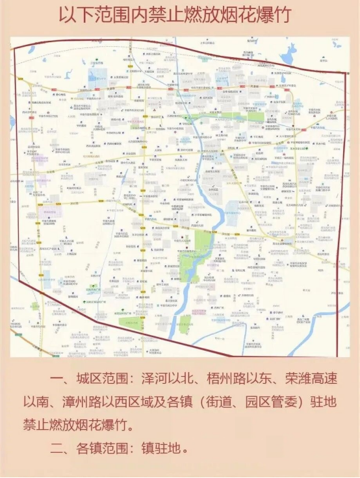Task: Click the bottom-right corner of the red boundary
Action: tap(338, 355)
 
